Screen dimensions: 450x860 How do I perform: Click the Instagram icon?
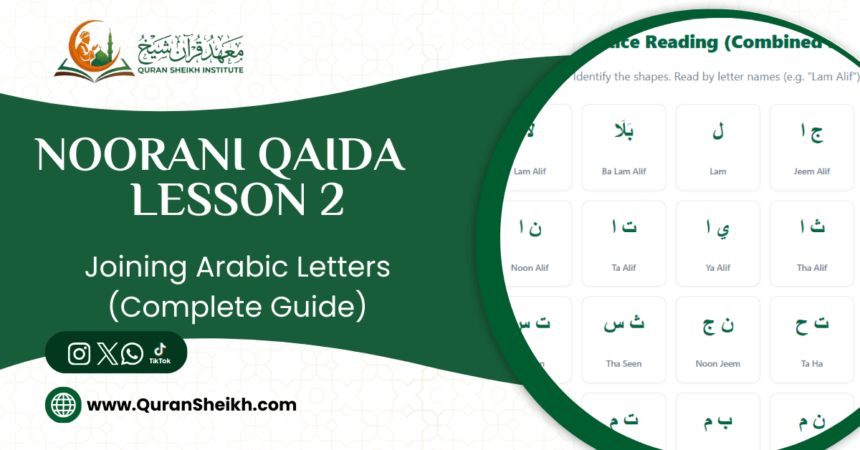(x=80, y=353)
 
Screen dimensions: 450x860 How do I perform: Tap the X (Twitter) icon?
(x=107, y=353)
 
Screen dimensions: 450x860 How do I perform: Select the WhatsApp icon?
(x=132, y=353)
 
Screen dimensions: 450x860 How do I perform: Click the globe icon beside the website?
(x=63, y=406)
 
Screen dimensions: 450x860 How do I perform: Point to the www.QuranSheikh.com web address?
(x=191, y=405)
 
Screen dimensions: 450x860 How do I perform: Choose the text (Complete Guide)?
(x=236, y=307)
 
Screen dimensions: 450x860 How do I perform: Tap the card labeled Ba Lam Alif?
(x=623, y=147)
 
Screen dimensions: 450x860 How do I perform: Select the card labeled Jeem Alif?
(x=811, y=147)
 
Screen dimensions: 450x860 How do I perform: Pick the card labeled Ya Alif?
(x=717, y=243)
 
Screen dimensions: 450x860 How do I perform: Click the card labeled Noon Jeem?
(x=717, y=339)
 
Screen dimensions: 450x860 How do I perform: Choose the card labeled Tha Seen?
(x=623, y=339)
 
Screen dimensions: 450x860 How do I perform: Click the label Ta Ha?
(x=811, y=363)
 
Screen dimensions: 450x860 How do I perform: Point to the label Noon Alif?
(x=530, y=267)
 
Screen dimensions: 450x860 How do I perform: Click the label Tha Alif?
(x=812, y=267)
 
